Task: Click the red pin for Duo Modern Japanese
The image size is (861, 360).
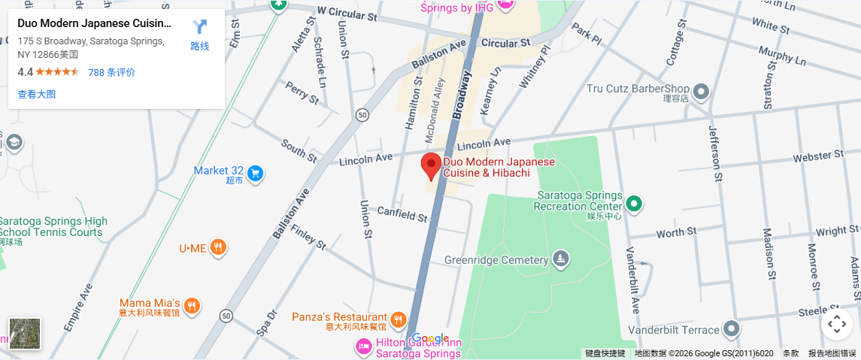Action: [x=431, y=165]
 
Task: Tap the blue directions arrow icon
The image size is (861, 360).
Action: [x=199, y=28]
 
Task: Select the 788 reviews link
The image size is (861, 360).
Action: [x=111, y=73]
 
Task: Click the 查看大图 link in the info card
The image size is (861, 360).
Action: [x=37, y=95]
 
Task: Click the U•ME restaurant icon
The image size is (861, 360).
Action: [x=218, y=247]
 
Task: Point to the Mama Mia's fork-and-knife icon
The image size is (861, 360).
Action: [x=193, y=305]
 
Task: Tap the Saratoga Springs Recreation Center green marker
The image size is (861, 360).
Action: [x=634, y=203]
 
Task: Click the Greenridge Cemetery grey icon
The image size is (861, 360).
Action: [x=560, y=259]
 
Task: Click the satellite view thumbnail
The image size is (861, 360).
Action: [x=25, y=334]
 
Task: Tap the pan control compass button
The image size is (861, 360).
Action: [x=837, y=325]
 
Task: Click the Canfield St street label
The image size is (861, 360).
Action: [x=402, y=214]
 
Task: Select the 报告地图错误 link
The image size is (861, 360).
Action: [x=832, y=353]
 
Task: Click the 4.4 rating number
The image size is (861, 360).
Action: [x=25, y=73]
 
